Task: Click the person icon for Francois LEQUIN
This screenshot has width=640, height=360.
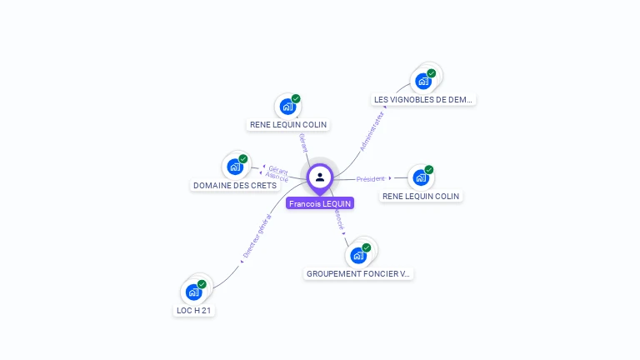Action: [x=320, y=177]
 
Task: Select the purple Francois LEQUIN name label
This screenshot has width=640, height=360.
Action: [x=320, y=203]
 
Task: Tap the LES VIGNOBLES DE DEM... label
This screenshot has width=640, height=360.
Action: [x=423, y=99]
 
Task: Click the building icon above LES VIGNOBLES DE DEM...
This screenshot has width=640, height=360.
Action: [x=423, y=81]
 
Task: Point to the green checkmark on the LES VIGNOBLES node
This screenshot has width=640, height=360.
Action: [x=432, y=73]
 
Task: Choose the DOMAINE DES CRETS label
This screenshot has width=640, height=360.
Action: [x=235, y=185]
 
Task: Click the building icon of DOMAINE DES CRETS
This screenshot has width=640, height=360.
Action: [x=235, y=167]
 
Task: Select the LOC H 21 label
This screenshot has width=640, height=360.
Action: [x=194, y=310]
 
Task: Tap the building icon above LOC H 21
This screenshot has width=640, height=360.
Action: [x=194, y=292]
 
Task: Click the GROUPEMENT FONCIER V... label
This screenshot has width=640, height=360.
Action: [x=358, y=273]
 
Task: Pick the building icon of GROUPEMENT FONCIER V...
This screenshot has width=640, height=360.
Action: [x=358, y=255]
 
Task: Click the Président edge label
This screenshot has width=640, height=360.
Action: [x=372, y=178]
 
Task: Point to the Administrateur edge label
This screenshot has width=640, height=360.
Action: [x=372, y=132]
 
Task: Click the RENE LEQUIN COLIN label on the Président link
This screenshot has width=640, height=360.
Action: [x=421, y=197]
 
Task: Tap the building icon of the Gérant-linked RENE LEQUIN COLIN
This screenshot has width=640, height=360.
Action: [x=287, y=106]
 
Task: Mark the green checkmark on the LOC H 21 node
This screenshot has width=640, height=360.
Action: [x=202, y=284]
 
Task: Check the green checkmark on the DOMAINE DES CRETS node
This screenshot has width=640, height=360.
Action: [x=243, y=159]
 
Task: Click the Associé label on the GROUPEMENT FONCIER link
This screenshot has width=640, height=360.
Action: [x=338, y=218]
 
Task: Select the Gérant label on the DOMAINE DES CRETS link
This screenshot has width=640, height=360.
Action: [x=278, y=170]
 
